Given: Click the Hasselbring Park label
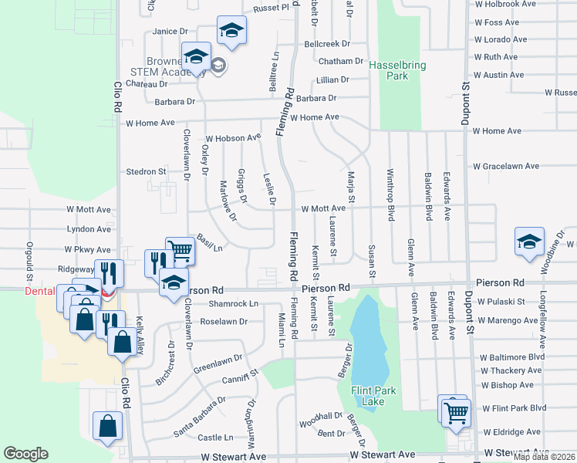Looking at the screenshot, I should pos(397,71).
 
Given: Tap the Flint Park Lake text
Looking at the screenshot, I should pos(373,396).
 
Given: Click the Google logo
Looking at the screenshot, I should pos(25,454).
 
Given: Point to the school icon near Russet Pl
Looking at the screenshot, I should pos(231,30).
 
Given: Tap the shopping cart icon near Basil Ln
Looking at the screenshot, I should pos(180,249).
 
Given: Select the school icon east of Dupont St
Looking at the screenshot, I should pos(530,241).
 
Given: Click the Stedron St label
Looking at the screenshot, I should pos(147,171).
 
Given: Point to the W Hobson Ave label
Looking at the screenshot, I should pos(233,137).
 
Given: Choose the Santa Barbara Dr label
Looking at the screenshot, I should pos(200,417).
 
